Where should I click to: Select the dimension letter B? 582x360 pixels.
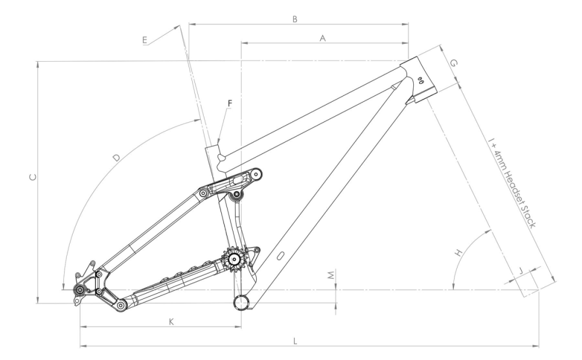(295, 19)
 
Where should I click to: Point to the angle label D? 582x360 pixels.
(116, 158)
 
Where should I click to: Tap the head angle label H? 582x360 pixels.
(458, 254)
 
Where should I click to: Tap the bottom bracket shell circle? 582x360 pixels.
(241, 302)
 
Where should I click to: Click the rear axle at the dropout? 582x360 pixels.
(78, 290)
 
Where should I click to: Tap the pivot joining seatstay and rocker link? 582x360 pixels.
(203, 193)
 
